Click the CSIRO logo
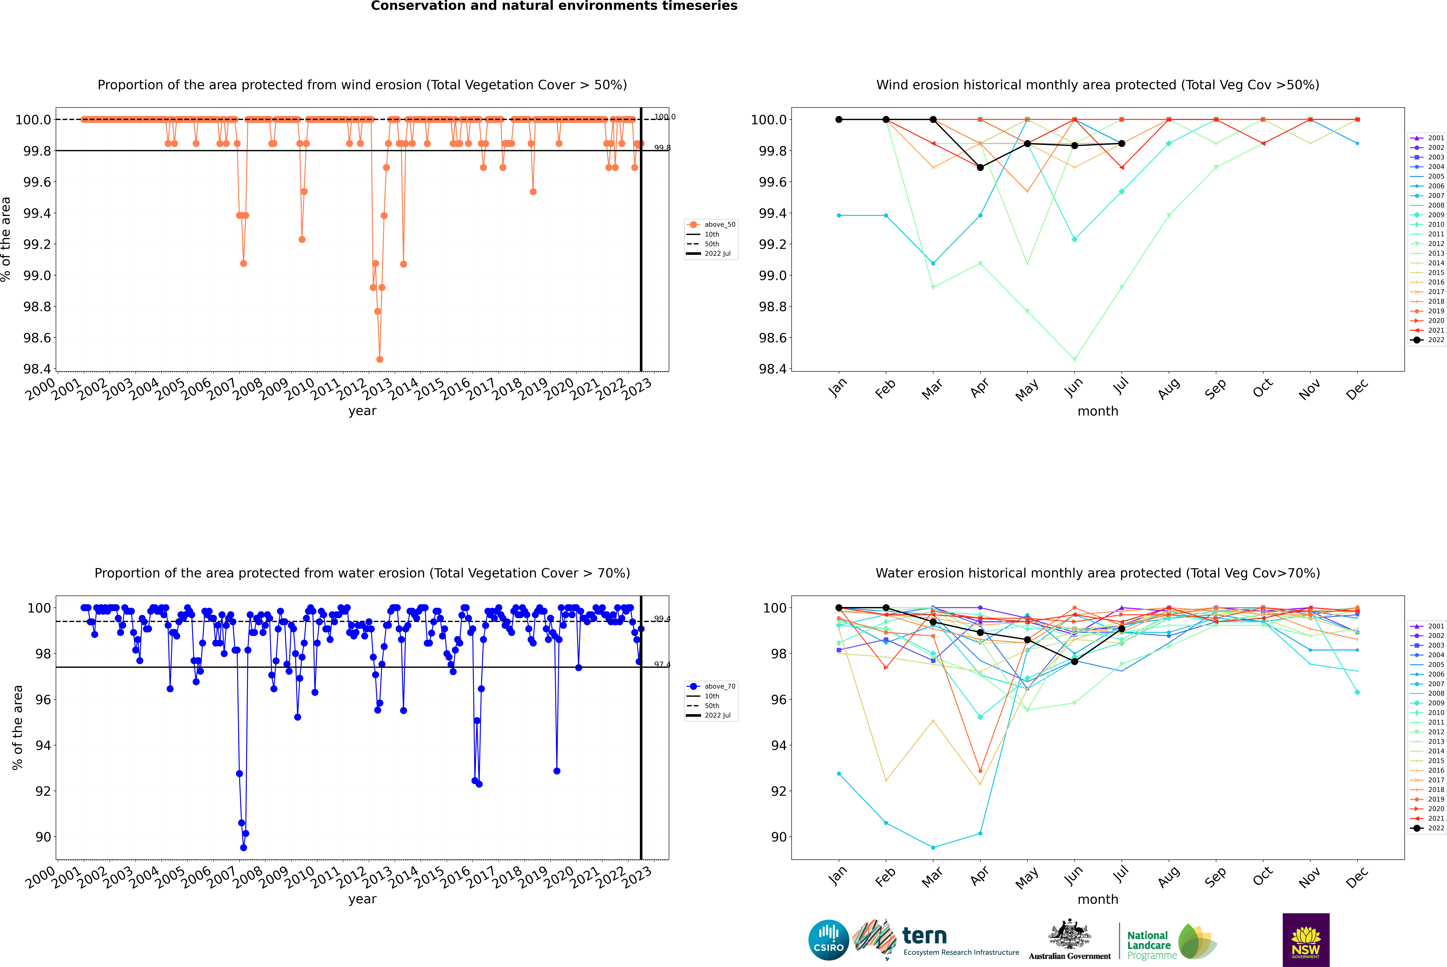[828, 940]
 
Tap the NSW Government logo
[1306, 940]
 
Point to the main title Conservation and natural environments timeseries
[554, 6]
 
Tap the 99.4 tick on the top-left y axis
[37, 213]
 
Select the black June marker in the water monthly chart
[1074, 661]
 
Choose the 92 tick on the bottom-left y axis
[43, 791]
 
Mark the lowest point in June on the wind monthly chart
[1074, 359]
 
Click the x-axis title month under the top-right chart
[1097, 411]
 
